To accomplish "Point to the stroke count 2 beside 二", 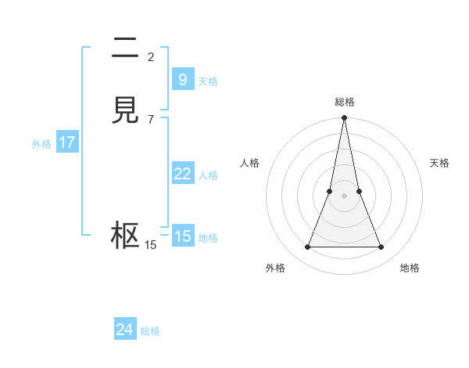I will (x=151, y=56).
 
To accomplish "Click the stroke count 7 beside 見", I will (x=151, y=119).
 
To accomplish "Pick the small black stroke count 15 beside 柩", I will (x=151, y=245).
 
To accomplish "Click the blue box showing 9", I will (x=182, y=80).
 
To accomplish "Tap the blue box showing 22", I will (x=182, y=174).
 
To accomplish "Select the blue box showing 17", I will (x=67, y=143).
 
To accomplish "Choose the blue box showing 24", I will (x=125, y=330).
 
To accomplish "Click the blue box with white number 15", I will (x=182, y=236).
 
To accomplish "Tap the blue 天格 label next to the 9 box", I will (x=208, y=81).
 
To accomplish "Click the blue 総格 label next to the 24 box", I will (x=150, y=331).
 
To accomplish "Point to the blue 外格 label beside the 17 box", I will (x=41, y=144).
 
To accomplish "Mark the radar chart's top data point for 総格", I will (x=344, y=117).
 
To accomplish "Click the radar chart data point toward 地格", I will (x=381, y=247).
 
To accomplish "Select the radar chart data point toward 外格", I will (x=307, y=247).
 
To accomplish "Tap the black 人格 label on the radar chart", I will (x=249, y=163).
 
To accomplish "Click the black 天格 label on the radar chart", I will (x=439, y=163).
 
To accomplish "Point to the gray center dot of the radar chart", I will (x=344, y=196).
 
